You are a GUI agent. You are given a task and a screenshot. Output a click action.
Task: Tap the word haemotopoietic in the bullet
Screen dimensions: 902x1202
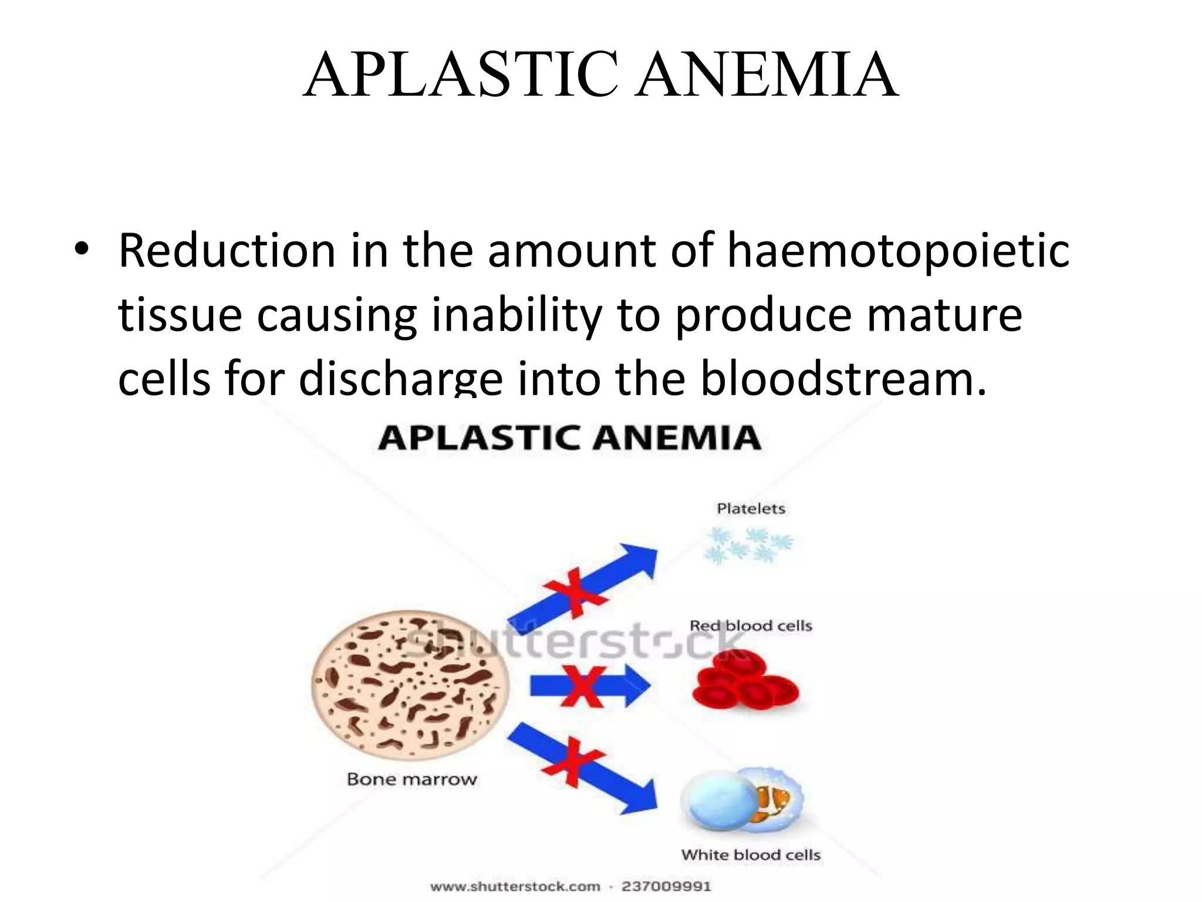898,251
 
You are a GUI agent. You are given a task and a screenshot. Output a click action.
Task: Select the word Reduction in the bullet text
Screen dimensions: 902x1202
227,251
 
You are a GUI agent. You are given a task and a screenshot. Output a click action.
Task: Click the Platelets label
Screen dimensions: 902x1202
751,509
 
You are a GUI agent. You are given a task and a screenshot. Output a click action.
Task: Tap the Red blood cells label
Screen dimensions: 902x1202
751,626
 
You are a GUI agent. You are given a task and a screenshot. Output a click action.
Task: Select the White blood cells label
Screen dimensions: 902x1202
751,855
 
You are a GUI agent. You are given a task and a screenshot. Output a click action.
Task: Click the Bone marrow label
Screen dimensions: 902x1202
412,779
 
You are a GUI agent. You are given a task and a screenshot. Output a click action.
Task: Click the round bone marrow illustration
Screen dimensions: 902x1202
410,687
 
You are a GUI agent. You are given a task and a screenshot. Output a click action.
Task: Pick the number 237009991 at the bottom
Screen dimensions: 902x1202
666,886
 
